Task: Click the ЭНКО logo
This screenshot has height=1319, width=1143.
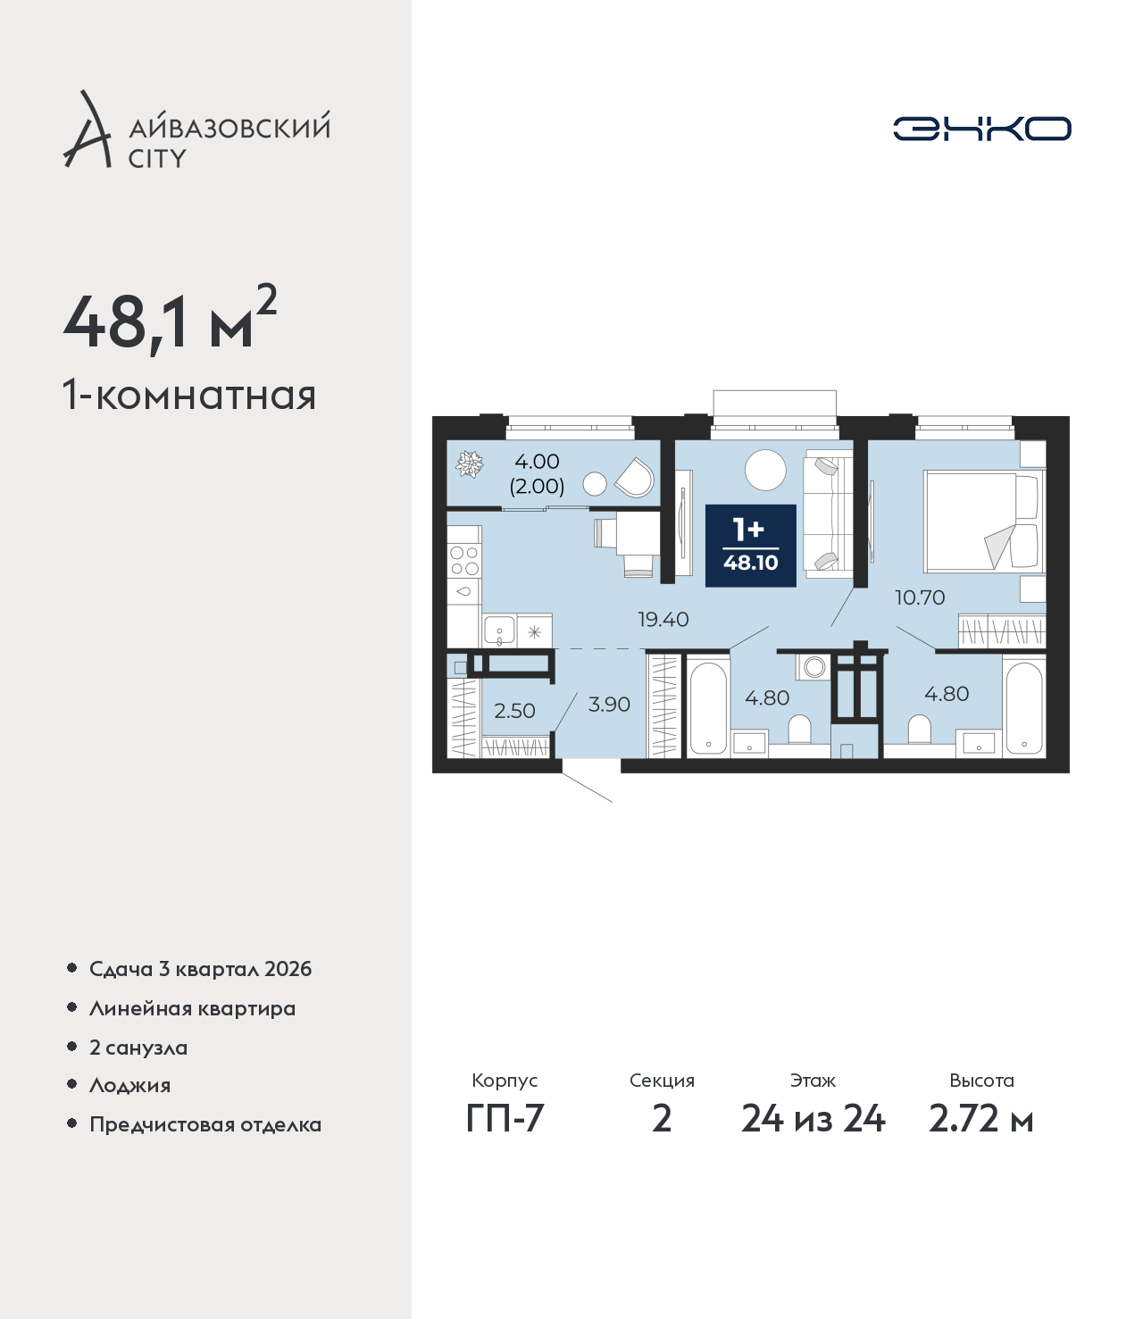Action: (x=981, y=129)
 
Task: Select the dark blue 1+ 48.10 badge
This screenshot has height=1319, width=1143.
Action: (x=750, y=546)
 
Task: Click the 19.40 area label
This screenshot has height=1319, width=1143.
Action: (x=663, y=620)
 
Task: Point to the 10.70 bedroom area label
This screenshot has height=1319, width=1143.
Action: (x=920, y=598)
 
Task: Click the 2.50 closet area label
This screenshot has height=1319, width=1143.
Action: (x=514, y=711)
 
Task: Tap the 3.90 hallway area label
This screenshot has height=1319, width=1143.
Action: (x=609, y=705)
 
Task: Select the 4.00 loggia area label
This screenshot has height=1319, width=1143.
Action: (x=538, y=461)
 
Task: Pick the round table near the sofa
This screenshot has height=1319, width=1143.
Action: (x=765, y=470)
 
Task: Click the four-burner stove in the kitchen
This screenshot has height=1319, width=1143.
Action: (x=464, y=561)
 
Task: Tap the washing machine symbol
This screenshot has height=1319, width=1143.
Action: (x=813, y=667)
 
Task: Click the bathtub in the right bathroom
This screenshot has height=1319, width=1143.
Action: (x=1023, y=708)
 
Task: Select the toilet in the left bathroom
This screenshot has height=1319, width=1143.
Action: (x=799, y=730)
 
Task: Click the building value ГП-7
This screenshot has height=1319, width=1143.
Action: (x=505, y=1118)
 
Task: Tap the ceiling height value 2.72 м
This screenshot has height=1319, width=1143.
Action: (x=980, y=1118)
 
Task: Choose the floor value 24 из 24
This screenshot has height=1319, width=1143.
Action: (x=813, y=1118)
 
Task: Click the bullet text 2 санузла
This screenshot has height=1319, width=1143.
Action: (x=138, y=1048)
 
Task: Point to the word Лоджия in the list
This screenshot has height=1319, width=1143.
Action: (x=130, y=1085)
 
